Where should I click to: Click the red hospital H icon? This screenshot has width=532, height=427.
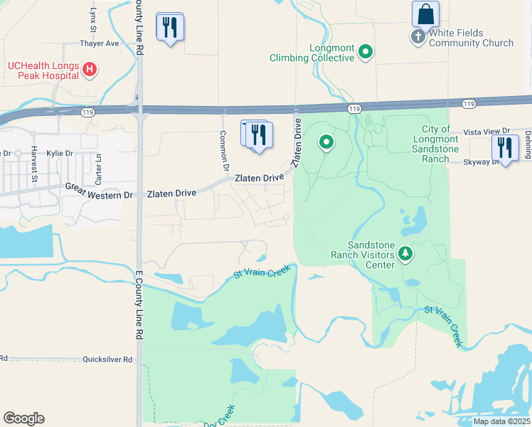pyautogui.click(x=90, y=69)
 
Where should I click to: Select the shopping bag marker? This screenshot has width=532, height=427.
pyautogui.click(x=425, y=14)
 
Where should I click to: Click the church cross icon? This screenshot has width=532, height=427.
pyautogui.click(x=417, y=36)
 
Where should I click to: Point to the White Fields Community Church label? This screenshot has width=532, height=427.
pyautogui.click(x=471, y=38)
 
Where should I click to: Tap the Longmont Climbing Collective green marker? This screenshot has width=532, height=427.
pyautogui.click(x=366, y=51)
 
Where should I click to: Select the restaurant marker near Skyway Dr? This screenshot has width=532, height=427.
pyautogui.click(x=505, y=147)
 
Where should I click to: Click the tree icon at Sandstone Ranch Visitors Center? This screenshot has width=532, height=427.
pyautogui.click(x=405, y=253)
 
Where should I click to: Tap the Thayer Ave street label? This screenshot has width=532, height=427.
pyautogui.click(x=100, y=43)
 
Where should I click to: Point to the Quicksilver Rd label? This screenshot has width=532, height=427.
pyautogui.click(x=107, y=360)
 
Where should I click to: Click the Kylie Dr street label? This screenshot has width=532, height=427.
pyautogui.click(x=59, y=154)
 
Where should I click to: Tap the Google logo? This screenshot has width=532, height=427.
pyautogui.click(x=23, y=418)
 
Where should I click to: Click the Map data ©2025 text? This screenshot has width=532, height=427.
pyautogui.click(x=501, y=421)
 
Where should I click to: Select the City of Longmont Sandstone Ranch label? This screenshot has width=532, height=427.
pyautogui.click(x=430, y=144)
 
